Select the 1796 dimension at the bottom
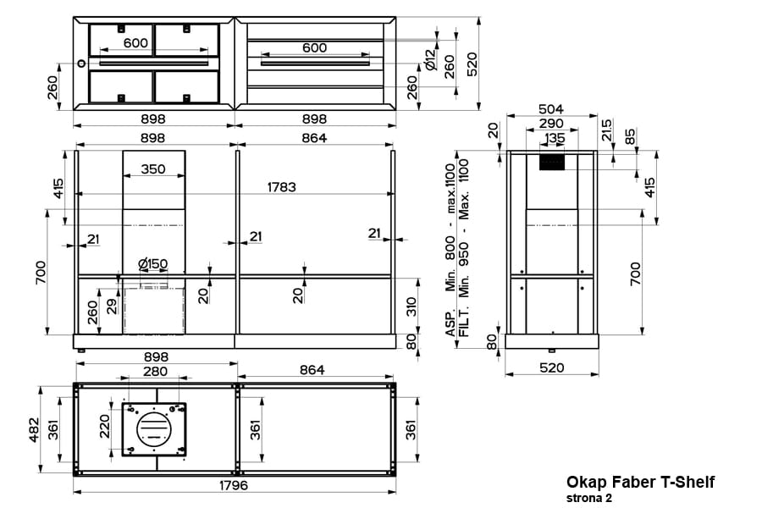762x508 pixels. [234, 485]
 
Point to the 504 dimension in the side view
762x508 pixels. [552, 109]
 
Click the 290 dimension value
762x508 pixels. [552, 124]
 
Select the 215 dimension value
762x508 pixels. [606, 130]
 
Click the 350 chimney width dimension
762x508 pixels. [153, 169]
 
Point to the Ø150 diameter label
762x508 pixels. [152, 264]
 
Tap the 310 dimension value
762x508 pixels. [412, 305]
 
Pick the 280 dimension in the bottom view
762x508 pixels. [154, 371]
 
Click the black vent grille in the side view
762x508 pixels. [552, 163]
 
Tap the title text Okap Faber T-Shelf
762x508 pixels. [640, 482]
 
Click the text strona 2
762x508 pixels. [589, 498]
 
